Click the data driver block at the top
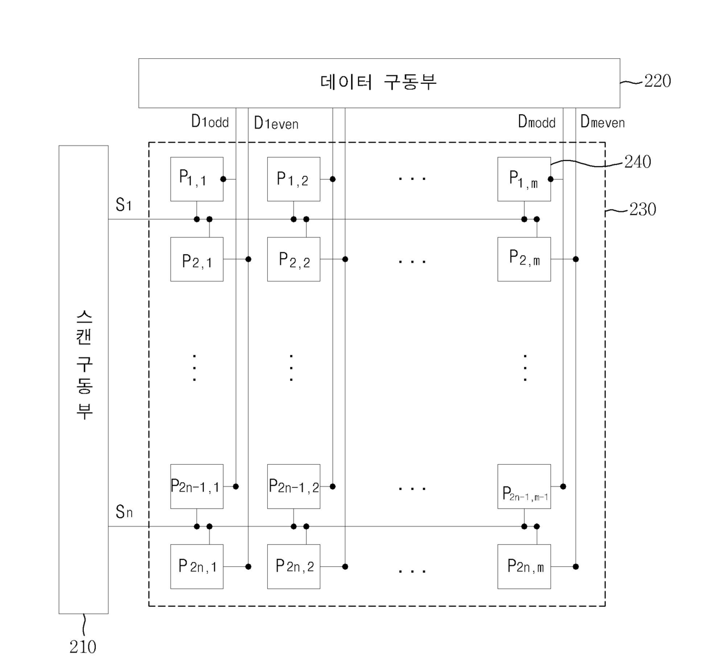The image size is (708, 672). pos(379,83)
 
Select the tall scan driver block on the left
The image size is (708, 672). pos(83,379)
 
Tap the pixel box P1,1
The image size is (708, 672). pos(196,179)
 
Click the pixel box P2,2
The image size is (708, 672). pos(293,259)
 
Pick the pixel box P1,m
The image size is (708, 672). pos(524,179)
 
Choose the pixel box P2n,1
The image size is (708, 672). pos(196,566)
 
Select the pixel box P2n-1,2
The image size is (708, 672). pos(293,486)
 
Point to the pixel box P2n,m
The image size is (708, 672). pos(524,566)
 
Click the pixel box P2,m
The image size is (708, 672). pos(524,259)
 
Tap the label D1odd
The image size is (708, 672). pos(210,122)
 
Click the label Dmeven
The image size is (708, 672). pos(602,122)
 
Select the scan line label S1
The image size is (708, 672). pos(123,205)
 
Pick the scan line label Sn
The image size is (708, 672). pos(124,512)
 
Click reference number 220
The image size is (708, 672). pos(657,81)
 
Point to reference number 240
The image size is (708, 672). pos(637,162)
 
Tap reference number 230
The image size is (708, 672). pos(642,210)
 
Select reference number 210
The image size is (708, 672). pos(83,647)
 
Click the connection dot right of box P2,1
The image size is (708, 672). pos(248,259)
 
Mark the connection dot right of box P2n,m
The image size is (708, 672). pos(576,566)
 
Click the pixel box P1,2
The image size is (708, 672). pos(293,179)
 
